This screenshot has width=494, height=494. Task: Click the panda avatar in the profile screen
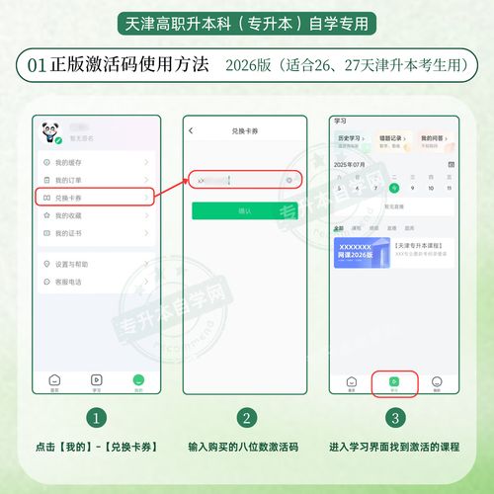(49, 134)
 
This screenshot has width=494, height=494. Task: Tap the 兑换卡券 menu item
(94, 198)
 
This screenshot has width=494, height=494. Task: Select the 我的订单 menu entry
(94, 180)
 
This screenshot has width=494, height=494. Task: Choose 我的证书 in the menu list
(94, 233)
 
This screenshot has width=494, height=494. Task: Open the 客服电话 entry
(94, 282)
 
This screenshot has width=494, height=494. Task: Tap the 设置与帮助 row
(94, 264)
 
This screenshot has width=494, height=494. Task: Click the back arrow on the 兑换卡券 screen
(191, 131)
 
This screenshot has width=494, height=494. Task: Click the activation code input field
(237, 180)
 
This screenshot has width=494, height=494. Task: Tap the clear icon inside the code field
(288, 180)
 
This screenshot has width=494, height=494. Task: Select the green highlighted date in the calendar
(394, 187)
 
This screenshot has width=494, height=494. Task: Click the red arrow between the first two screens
(169, 183)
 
